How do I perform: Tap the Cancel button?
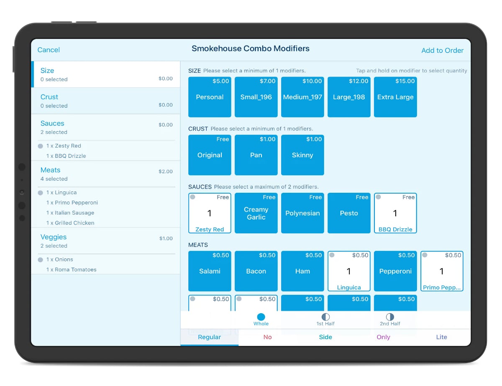(49, 50)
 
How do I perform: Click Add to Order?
(442, 51)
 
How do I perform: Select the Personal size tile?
(210, 97)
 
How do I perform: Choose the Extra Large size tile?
(395, 97)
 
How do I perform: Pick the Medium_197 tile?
(302, 97)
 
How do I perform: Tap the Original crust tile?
(210, 155)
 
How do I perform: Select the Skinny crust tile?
(302, 155)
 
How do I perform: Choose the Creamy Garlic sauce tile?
(256, 213)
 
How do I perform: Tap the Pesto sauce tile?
(349, 213)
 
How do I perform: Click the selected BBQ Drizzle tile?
(395, 213)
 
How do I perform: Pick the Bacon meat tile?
(256, 271)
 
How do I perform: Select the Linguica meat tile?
(349, 271)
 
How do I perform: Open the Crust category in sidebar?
(49, 97)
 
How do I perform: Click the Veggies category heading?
(54, 237)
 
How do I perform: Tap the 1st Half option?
(325, 320)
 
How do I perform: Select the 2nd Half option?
(390, 320)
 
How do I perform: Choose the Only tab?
(383, 337)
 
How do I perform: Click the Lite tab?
(441, 337)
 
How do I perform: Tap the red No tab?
(268, 337)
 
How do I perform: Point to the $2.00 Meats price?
(166, 171)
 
